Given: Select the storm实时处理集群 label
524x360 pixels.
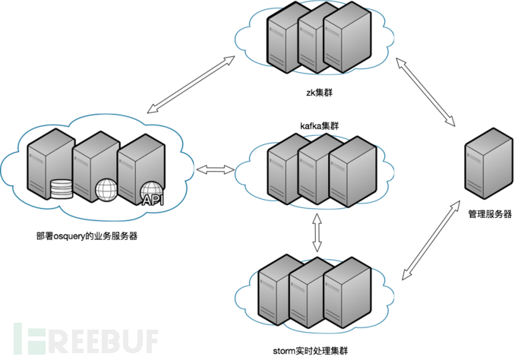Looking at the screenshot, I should pyautogui.click(x=313, y=351).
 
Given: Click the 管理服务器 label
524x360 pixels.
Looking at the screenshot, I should pyautogui.click(x=490, y=214).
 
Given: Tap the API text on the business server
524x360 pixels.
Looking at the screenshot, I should pyautogui.click(x=153, y=201).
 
